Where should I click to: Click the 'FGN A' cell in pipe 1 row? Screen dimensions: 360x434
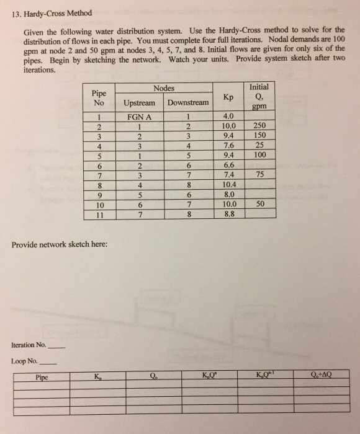(x=140, y=115)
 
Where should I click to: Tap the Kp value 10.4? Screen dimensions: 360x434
(x=228, y=185)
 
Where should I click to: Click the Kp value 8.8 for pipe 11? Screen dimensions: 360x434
(x=228, y=215)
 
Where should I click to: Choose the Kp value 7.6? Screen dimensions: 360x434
(x=228, y=146)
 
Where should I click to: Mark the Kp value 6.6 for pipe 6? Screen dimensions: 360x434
(x=228, y=166)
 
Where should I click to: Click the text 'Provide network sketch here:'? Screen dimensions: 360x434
(x=59, y=244)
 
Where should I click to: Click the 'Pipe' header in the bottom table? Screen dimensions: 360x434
(x=42, y=376)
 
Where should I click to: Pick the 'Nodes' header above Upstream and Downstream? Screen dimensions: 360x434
(x=164, y=89)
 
